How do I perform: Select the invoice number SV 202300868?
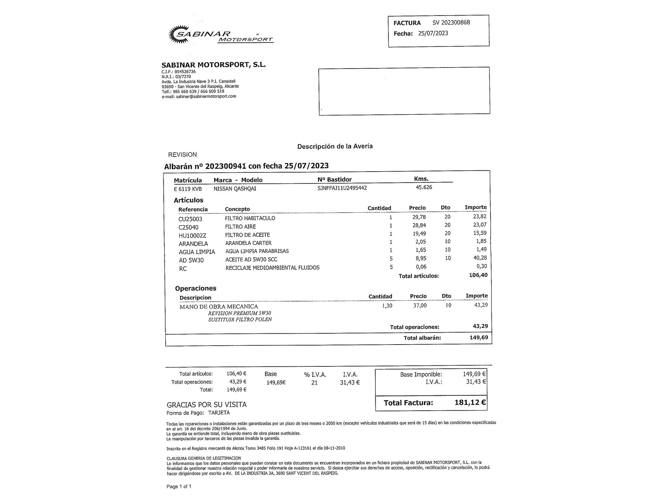(x=451, y=22)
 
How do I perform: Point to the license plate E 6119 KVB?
(x=188, y=189)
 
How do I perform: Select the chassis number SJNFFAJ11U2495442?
(x=342, y=188)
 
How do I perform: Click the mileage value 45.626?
(x=424, y=187)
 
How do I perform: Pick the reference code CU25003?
(x=190, y=219)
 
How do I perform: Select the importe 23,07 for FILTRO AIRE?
(x=480, y=225)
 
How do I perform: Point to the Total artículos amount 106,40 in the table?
(x=478, y=275)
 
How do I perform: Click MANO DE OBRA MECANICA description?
(x=219, y=307)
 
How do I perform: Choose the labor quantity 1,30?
(x=387, y=306)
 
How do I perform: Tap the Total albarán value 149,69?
(x=479, y=338)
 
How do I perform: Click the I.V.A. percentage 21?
(x=314, y=383)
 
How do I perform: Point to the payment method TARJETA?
(x=219, y=413)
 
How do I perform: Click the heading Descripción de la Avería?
(x=335, y=146)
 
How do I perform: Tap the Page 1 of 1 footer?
(x=179, y=486)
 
